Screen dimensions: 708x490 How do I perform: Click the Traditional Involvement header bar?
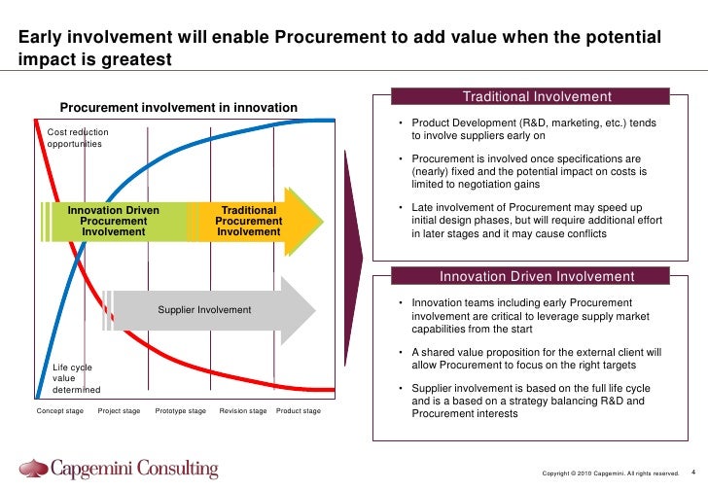(x=537, y=97)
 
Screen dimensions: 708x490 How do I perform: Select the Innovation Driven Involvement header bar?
(x=537, y=276)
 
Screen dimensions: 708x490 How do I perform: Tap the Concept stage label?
(x=60, y=411)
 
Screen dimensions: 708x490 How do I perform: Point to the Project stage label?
(x=120, y=411)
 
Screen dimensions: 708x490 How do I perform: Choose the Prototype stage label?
(x=181, y=411)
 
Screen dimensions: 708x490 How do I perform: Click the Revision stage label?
(x=243, y=411)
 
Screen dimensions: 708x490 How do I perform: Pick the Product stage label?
(x=299, y=411)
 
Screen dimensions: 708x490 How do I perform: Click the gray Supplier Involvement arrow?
(x=209, y=310)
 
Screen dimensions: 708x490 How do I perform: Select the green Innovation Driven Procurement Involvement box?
(x=114, y=222)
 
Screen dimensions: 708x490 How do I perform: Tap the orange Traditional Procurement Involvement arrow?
(x=255, y=222)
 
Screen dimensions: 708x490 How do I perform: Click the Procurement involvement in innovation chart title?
(x=179, y=107)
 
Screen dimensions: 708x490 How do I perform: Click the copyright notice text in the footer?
(x=610, y=473)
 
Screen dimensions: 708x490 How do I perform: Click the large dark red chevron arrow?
(x=352, y=262)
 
